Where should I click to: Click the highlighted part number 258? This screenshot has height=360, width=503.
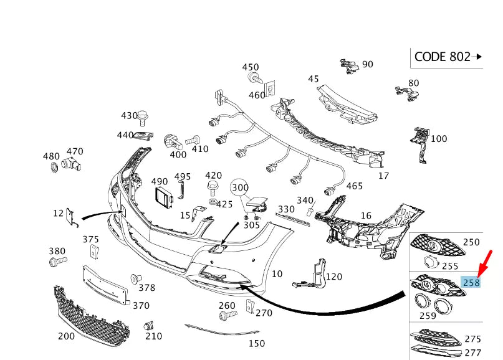coord(471,283)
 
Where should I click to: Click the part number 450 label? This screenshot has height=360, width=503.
coord(251,67)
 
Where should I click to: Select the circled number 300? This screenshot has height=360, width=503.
coord(240,186)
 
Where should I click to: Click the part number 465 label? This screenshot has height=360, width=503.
coord(355,186)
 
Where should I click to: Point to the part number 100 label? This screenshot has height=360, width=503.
coord(439,139)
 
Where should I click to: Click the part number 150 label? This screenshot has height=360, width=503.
coord(256,343)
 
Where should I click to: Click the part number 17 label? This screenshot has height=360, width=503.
coord(385,176)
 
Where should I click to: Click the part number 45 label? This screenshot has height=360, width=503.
coord(313,78)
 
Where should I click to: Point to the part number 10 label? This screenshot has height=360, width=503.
coord(277,273)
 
